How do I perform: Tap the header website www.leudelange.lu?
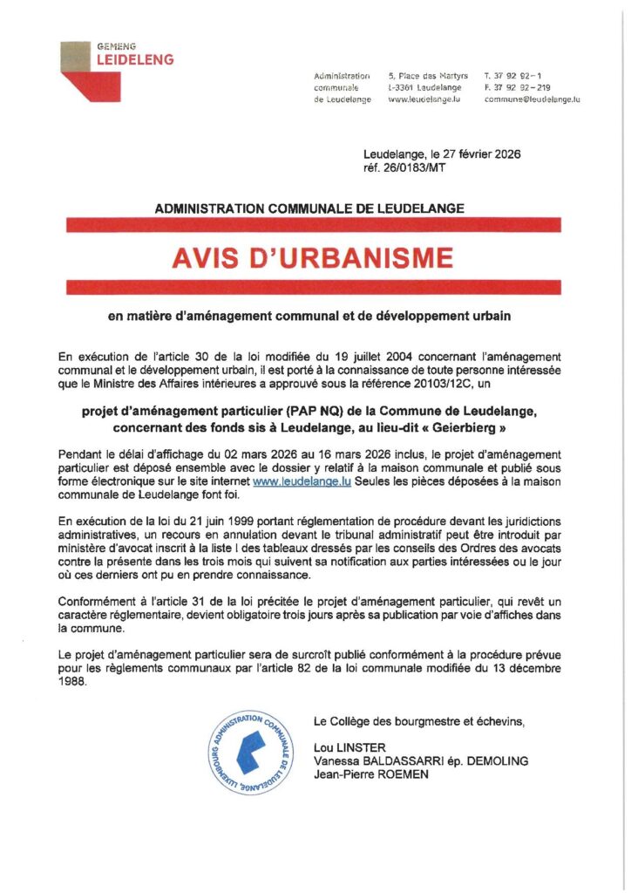(x=423, y=99)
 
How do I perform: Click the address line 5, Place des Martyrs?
(x=428, y=77)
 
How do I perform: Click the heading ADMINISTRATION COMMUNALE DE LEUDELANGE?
(x=309, y=208)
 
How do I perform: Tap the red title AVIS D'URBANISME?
(x=312, y=257)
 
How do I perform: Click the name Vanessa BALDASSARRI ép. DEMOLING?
(x=421, y=760)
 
